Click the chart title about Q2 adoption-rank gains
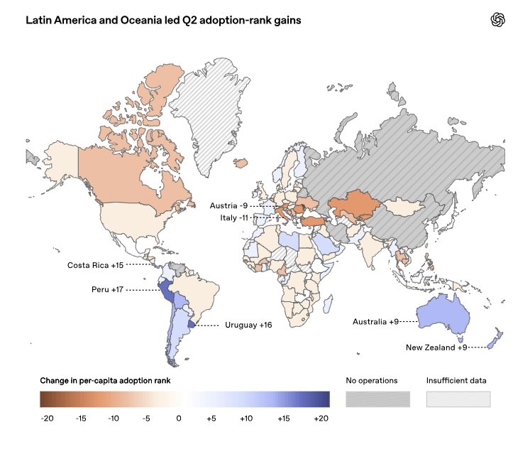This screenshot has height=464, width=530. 163,21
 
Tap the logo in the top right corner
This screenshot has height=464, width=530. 498,20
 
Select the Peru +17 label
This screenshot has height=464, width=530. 107,290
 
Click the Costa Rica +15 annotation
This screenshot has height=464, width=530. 95,265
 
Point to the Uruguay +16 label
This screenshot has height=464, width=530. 248,325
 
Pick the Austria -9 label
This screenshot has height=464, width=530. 228,206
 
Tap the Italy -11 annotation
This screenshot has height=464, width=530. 234,218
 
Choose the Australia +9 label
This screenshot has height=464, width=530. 375,322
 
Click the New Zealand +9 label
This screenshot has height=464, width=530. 436,347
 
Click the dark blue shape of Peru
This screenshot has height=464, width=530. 166,292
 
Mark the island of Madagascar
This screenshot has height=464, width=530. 328,303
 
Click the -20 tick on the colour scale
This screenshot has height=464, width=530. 47,419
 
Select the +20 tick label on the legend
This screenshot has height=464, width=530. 321,419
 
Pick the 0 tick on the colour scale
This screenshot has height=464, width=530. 179,419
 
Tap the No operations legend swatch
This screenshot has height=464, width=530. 377,399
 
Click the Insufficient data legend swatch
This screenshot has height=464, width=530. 458,399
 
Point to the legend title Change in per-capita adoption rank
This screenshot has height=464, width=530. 105,381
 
